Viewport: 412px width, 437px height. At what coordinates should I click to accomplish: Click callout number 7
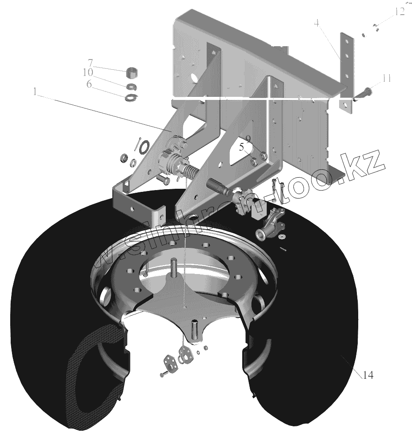90,62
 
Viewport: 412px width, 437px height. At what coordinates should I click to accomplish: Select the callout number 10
88,72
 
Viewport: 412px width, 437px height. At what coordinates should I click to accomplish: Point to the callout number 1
35,92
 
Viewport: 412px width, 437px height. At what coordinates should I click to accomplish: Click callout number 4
316,23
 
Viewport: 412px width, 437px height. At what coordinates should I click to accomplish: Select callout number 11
386,79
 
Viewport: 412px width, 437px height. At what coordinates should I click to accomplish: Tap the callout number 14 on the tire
368,375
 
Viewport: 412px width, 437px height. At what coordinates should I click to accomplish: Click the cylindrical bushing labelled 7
133,72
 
